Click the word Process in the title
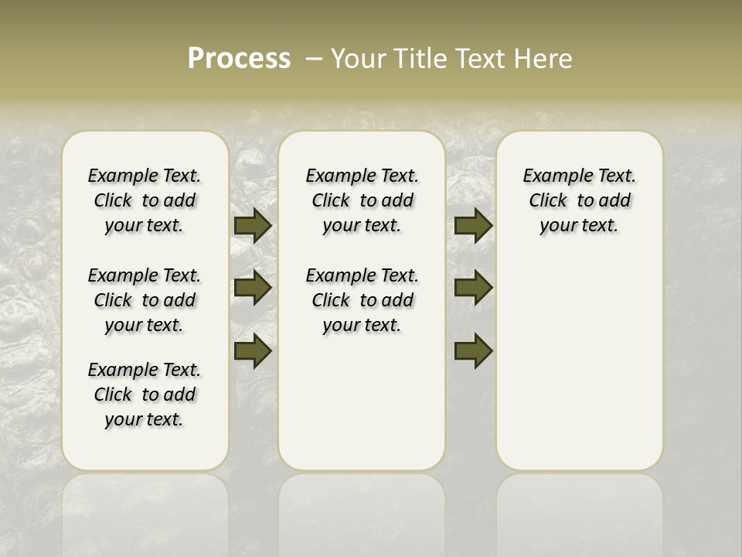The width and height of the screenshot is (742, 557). tap(239, 59)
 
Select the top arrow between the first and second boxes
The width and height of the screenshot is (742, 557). tap(252, 225)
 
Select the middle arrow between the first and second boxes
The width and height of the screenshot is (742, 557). tap(252, 288)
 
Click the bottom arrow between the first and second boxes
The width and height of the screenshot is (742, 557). tap(252, 350)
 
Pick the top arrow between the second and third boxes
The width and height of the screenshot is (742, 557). tap(473, 225)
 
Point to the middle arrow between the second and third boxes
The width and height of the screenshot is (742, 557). tap(473, 288)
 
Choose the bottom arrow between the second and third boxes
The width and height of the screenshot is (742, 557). tap(473, 350)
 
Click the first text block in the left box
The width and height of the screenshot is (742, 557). tap(145, 200)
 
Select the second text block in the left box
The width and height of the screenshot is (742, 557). tap(145, 300)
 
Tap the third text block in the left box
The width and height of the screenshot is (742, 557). tap(145, 395)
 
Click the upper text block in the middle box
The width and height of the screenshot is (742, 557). tap(362, 200)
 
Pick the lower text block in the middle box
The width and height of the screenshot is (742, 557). tap(362, 300)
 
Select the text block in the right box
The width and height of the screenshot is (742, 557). tap(579, 200)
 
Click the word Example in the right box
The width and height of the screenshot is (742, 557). tap(552, 176)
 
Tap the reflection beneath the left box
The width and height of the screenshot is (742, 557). tap(145, 511)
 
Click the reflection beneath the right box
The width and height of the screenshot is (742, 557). tap(579, 511)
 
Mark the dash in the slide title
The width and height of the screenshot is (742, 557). tap(314, 59)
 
